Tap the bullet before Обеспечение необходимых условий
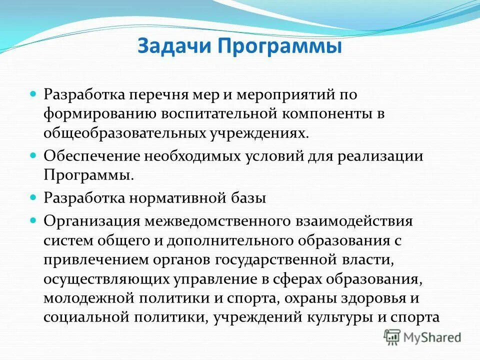34,155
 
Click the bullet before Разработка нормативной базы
34,197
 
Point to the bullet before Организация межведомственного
34,219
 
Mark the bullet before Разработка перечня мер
34,93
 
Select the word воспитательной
219,113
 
